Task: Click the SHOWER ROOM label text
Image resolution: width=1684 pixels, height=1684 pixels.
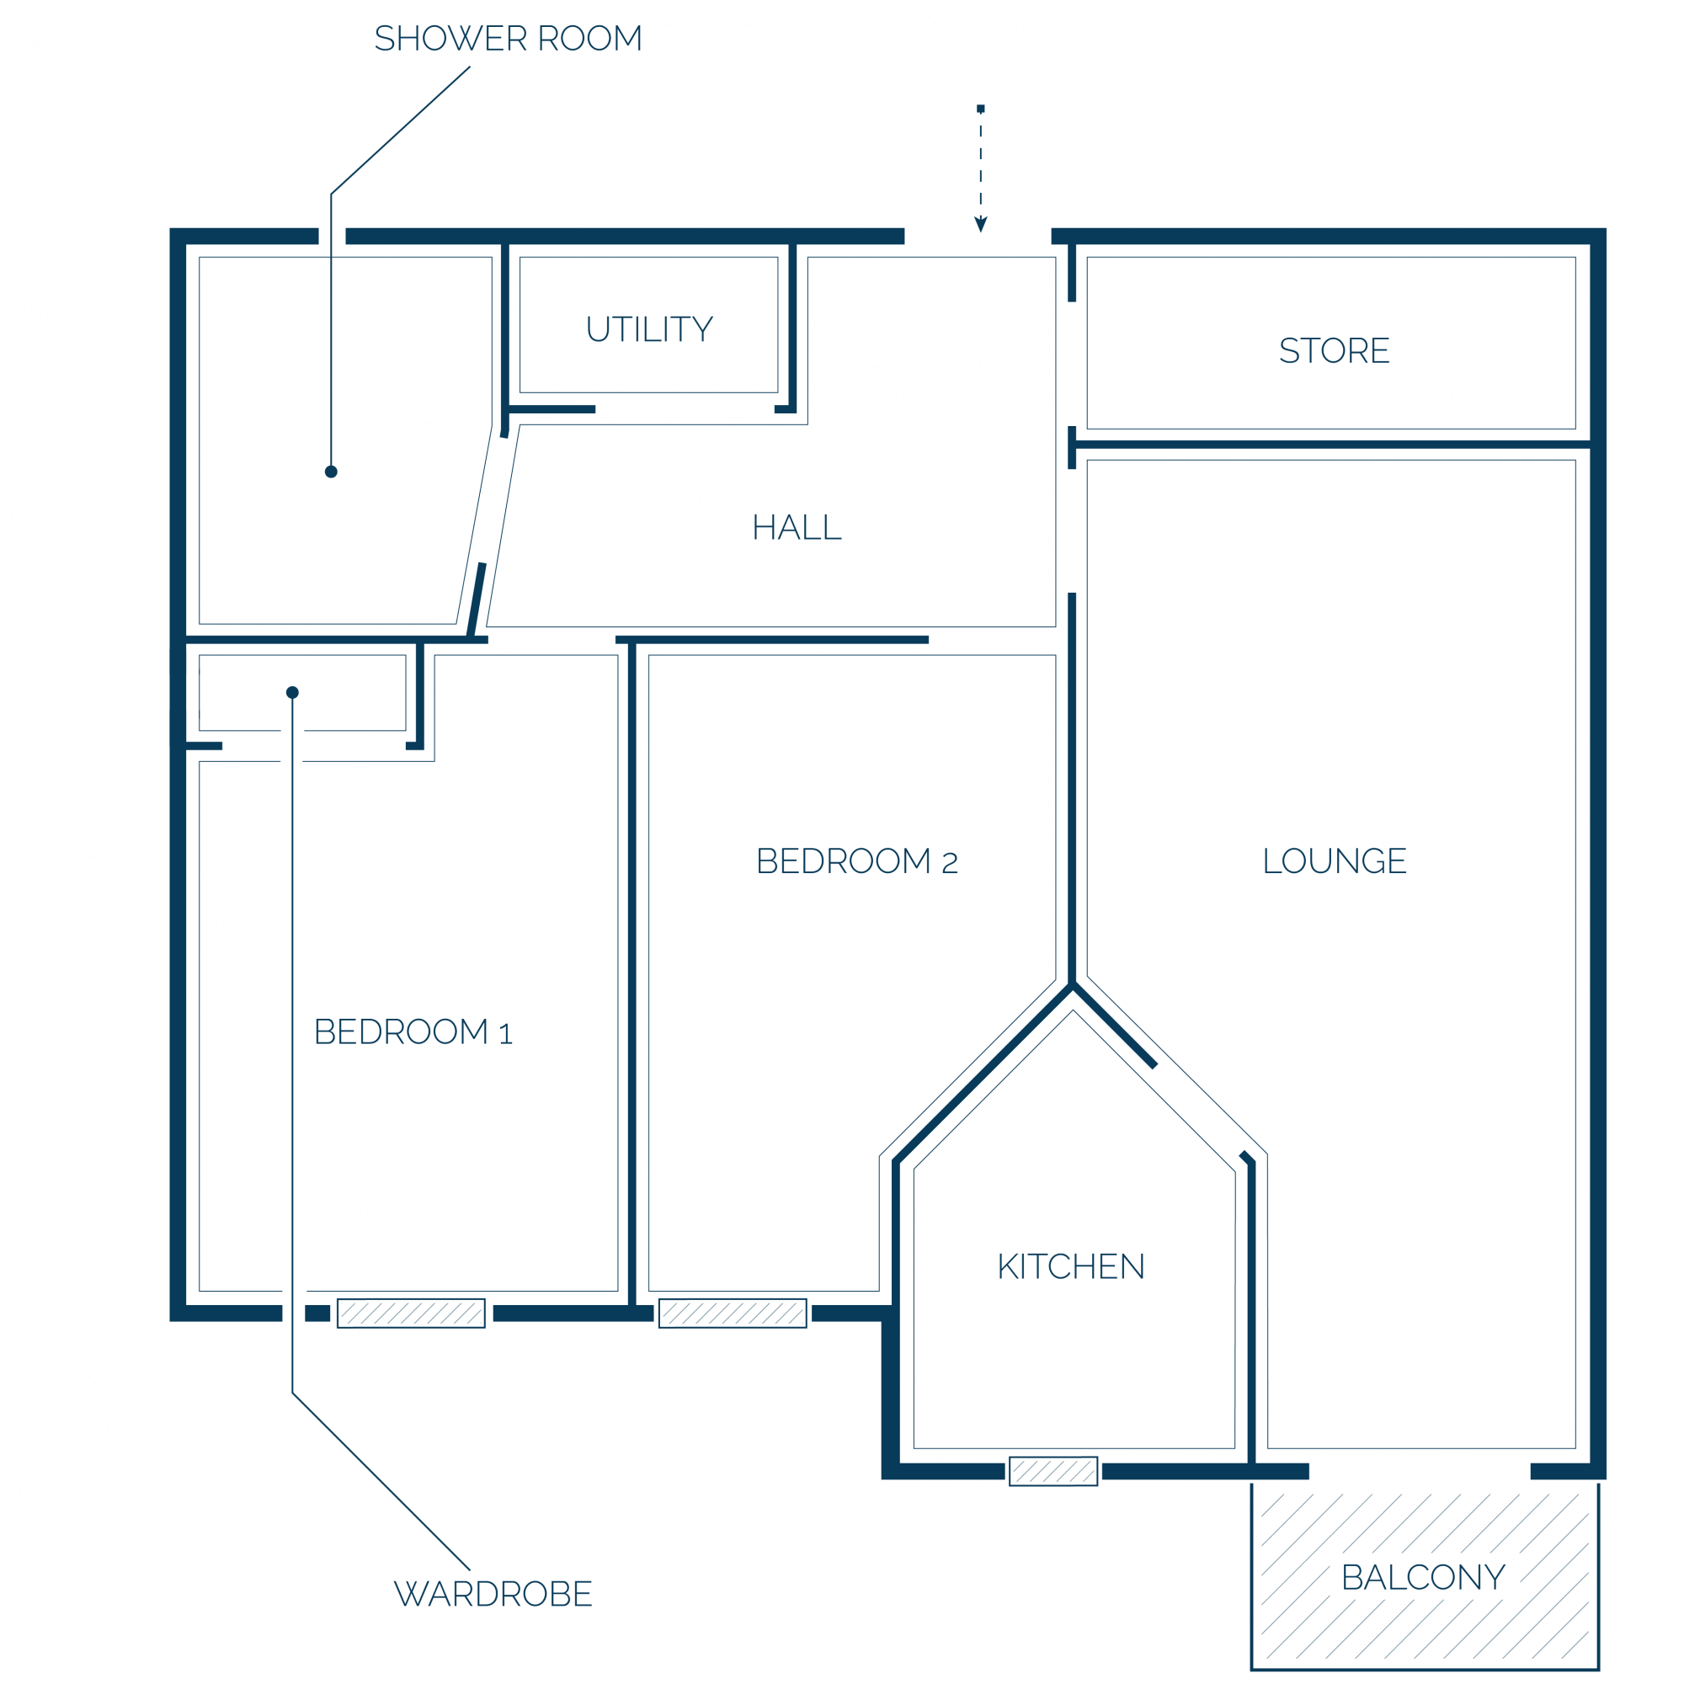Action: (x=509, y=39)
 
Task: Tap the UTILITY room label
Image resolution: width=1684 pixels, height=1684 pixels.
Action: (x=649, y=329)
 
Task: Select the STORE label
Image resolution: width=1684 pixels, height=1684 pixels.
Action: (x=1334, y=350)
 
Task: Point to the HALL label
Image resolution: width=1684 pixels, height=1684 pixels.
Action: (x=797, y=527)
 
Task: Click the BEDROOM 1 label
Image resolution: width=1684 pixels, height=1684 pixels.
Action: (x=413, y=1032)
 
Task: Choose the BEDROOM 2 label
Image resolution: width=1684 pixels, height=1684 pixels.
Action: (x=857, y=861)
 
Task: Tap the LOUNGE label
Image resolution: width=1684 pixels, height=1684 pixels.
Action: (x=1335, y=861)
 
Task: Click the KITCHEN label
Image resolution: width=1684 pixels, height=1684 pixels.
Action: (x=1071, y=1266)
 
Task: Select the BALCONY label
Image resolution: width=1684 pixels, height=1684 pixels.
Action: (x=1423, y=1577)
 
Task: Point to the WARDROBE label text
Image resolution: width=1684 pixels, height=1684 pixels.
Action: (x=493, y=1593)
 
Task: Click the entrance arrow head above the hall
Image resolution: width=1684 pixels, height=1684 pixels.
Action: (x=981, y=225)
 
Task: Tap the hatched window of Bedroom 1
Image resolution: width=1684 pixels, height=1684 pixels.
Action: (x=412, y=1314)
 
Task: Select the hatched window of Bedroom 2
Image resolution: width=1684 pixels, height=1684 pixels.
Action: (x=733, y=1314)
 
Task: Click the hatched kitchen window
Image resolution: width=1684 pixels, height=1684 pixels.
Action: (x=1053, y=1471)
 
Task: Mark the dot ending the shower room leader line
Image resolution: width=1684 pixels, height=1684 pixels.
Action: (x=331, y=472)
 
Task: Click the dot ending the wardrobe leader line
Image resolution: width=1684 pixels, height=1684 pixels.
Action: (x=293, y=692)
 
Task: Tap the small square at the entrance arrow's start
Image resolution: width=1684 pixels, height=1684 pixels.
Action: (x=981, y=109)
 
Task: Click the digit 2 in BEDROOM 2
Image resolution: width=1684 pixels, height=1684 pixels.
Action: (x=950, y=864)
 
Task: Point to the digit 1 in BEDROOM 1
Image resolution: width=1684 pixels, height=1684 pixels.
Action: (x=505, y=1035)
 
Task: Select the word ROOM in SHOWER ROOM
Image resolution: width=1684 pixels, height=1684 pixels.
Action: (x=589, y=39)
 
